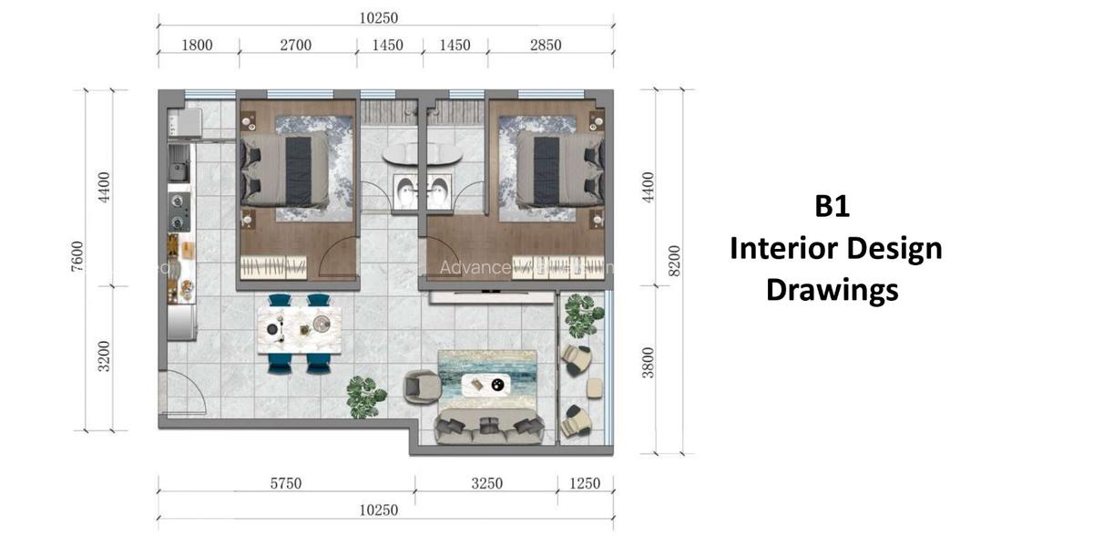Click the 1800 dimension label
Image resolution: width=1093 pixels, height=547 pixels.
[x=198, y=45]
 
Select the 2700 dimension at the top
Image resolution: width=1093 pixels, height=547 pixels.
[x=297, y=45]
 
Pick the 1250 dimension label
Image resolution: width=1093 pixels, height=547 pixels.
[x=584, y=484]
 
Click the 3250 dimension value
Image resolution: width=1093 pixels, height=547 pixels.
[x=486, y=484]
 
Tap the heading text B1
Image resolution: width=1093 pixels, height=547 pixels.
[x=832, y=207]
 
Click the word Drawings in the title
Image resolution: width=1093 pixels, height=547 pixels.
[x=832, y=290]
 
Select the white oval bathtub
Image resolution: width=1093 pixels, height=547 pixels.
[x=422, y=154]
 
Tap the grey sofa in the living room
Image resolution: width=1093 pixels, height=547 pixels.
[x=490, y=427]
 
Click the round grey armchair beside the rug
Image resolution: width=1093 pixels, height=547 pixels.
[x=422, y=387]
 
